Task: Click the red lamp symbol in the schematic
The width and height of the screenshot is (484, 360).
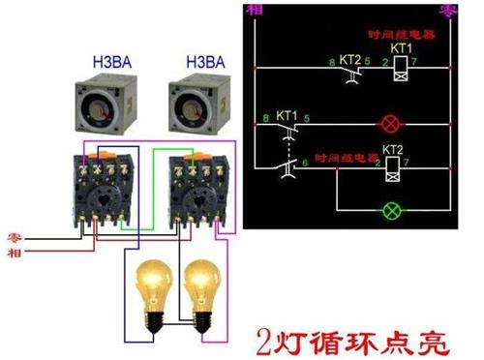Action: (x=393, y=125)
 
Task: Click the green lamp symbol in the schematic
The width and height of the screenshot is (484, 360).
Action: (x=392, y=208)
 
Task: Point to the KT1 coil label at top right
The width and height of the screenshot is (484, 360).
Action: (x=400, y=47)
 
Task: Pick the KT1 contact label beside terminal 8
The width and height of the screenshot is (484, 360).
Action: (x=287, y=115)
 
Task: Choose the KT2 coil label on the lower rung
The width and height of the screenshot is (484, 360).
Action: (x=392, y=150)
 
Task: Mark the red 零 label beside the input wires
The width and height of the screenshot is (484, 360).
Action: (x=15, y=235)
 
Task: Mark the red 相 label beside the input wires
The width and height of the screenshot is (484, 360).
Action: (x=15, y=253)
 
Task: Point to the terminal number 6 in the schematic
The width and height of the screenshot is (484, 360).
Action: (x=306, y=161)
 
